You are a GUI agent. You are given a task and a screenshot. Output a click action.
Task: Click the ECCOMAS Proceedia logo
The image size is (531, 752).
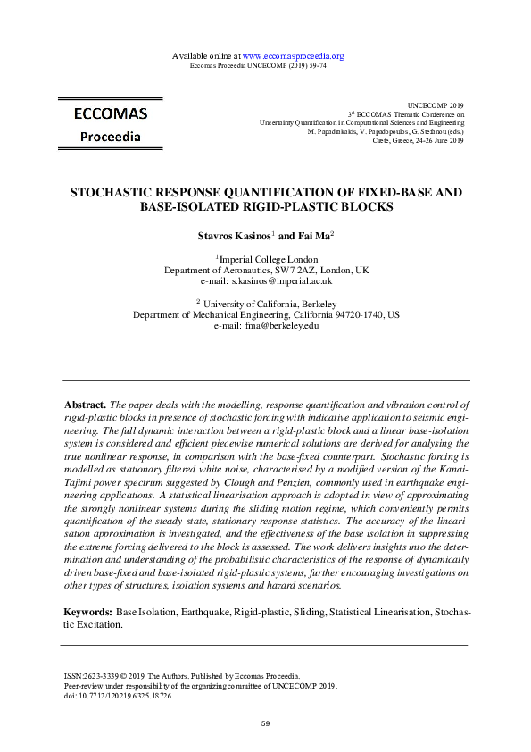click(x=111, y=125)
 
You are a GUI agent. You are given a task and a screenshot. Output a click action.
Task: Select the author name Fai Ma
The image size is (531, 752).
click(x=315, y=236)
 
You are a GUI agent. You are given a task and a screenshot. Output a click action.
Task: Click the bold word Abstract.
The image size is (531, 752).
click(x=87, y=405)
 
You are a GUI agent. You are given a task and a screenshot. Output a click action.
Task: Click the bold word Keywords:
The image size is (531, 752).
click(x=87, y=613)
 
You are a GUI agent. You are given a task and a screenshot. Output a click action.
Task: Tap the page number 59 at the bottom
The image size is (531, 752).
click(x=265, y=723)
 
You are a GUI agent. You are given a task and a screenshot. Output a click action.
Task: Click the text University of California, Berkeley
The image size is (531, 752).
click(x=269, y=305)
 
